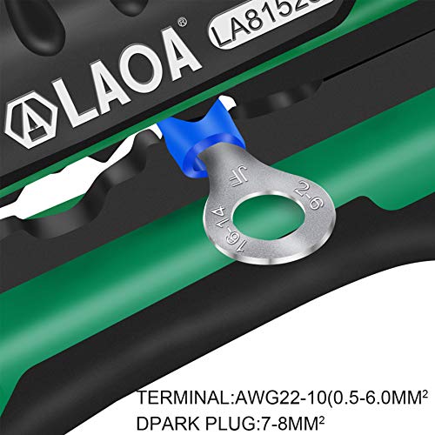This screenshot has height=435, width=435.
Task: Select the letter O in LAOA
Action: click(151, 83)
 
